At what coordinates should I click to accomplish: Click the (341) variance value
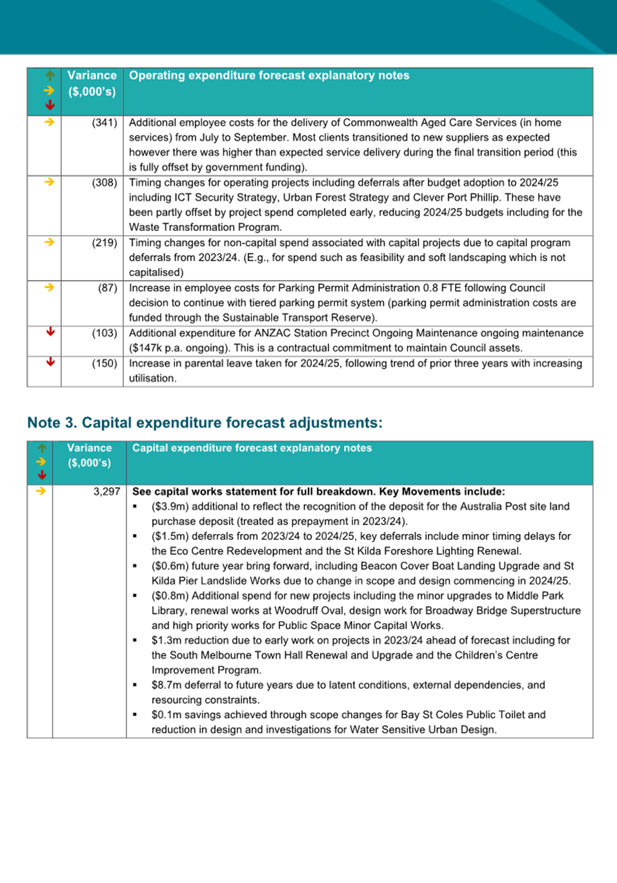(104, 123)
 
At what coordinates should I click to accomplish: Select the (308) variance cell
(104, 183)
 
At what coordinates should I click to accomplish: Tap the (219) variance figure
(104, 243)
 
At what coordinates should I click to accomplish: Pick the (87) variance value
(107, 288)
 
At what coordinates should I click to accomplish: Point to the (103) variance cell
(104, 333)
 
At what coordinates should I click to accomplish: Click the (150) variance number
(104, 364)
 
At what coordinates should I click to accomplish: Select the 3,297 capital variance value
(106, 491)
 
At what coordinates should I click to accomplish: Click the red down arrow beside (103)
(50, 332)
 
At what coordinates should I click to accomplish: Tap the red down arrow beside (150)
(50, 362)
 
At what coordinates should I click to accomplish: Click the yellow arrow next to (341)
(50, 122)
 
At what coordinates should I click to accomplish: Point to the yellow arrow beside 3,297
(41, 491)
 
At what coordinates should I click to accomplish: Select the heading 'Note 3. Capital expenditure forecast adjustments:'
(205, 422)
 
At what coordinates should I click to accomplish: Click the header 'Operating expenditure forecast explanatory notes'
(269, 75)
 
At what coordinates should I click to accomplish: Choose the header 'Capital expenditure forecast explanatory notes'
(252, 448)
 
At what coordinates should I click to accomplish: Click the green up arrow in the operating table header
(50, 75)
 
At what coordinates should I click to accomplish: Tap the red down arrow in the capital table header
(42, 475)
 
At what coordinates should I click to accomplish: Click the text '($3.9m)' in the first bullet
(169, 506)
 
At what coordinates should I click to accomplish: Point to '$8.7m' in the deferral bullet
(165, 685)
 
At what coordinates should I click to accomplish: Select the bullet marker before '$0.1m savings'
(135, 715)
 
